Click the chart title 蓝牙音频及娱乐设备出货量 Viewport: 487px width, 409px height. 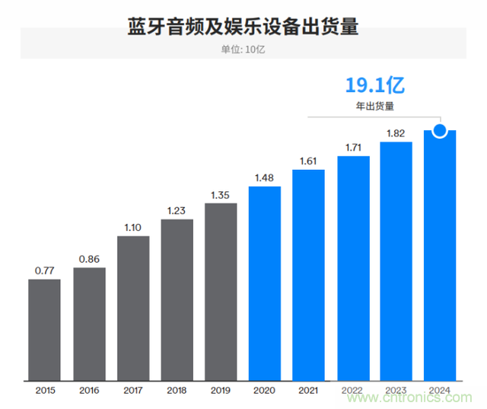click(x=243, y=27)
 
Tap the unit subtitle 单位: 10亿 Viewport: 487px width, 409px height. click(x=243, y=50)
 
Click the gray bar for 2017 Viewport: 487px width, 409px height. click(x=133, y=308)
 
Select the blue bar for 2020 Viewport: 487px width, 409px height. click(x=265, y=283)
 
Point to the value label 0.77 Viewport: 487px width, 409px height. click(x=44, y=270)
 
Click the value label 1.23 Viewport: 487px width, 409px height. click(x=177, y=210)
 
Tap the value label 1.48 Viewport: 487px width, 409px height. click(x=265, y=177)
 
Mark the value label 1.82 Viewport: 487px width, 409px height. click(x=396, y=133)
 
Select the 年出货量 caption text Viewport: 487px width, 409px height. click(x=372, y=107)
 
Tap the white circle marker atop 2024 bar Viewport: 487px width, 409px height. click(x=440, y=131)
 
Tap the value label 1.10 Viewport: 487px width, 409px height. click(x=133, y=227)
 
